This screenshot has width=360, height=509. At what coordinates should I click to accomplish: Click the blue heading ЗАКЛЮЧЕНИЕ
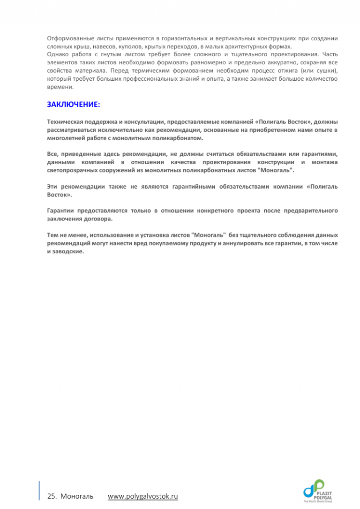pos(74,104)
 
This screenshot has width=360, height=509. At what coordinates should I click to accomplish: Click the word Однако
pos(58,54)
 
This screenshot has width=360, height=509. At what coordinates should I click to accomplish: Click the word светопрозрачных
pos(73,170)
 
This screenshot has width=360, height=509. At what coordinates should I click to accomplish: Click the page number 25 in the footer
pos(52,496)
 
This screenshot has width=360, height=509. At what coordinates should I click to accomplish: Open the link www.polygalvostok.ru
pos(143,496)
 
